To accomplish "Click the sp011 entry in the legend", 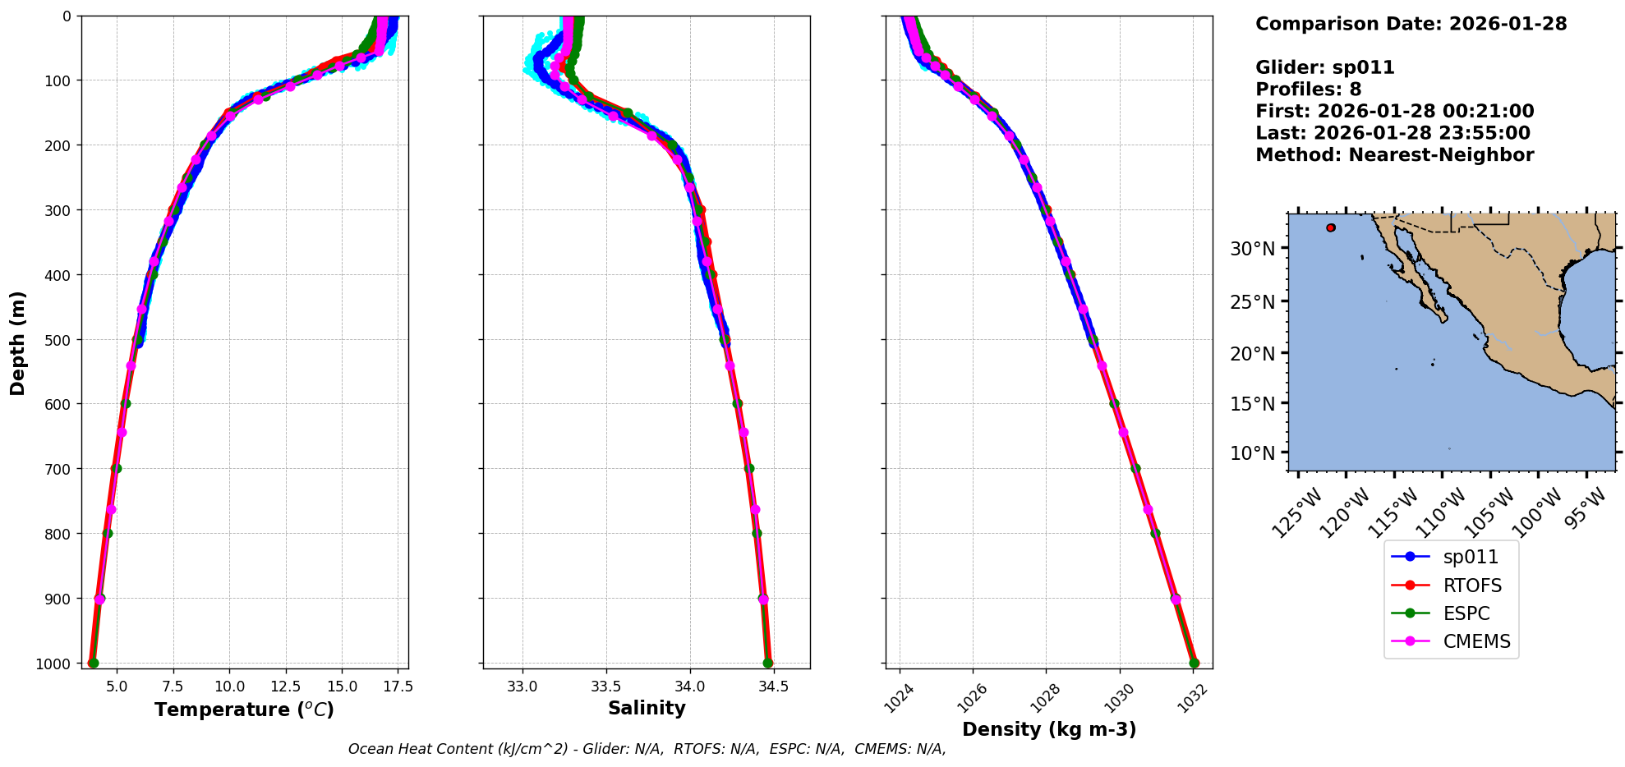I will coord(1470,557).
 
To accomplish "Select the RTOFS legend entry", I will coord(1472,586).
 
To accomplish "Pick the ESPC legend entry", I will coord(1466,613).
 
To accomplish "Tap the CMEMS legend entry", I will coord(1476,641).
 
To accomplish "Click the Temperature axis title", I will coord(244,710).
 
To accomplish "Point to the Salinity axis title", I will coord(647,708).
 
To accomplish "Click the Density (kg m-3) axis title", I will coord(1049,729).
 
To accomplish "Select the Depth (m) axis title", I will coord(18,342).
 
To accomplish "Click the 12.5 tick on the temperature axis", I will coord(285,687).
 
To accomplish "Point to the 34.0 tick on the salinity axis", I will coord(689,687).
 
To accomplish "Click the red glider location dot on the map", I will coord(1331,227).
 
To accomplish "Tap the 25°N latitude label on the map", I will coord(1253,302).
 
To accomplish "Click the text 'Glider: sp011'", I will coord(1324,67).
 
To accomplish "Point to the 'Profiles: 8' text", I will coord(1308,90).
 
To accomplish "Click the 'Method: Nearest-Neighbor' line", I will coord(1394,154).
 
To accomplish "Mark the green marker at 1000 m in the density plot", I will coord(1194,663).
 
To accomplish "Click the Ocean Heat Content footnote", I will coord(647,749).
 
